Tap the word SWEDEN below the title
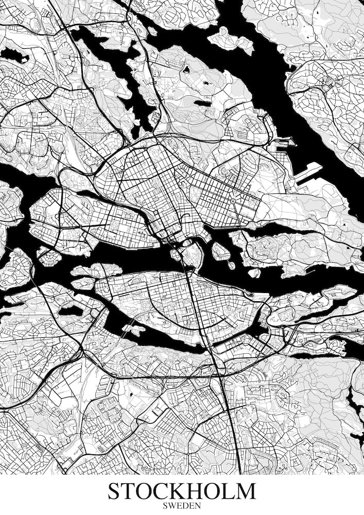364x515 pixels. click(182, 506)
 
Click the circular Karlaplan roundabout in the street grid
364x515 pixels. click(233, 201)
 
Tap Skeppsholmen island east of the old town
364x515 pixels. click(220, 251)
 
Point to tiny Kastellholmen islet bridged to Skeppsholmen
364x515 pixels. click(231, 265)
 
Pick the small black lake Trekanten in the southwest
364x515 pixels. click(70, 311)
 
